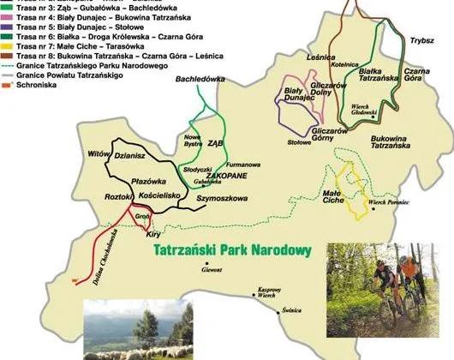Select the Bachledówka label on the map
click(193, 78)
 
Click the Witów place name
click(100, 153)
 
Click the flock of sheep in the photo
click(128, 351)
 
